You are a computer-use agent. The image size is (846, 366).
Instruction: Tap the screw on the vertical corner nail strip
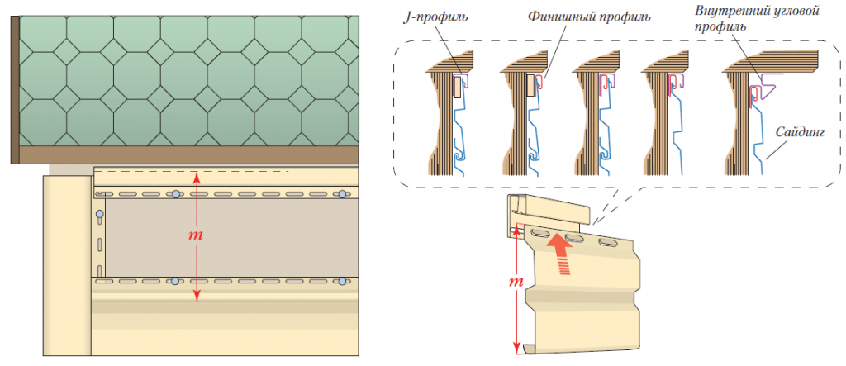tap(100, 216)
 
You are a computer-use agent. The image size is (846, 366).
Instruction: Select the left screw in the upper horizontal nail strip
tap(175, 194)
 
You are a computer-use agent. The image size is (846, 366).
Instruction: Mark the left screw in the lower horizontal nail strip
tap(175, 283)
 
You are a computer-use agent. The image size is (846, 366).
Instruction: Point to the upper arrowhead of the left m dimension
tap(197, 174)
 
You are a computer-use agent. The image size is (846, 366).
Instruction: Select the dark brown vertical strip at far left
tap(14, 91)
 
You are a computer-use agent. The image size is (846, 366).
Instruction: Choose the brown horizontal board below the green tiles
tap(190, 156)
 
